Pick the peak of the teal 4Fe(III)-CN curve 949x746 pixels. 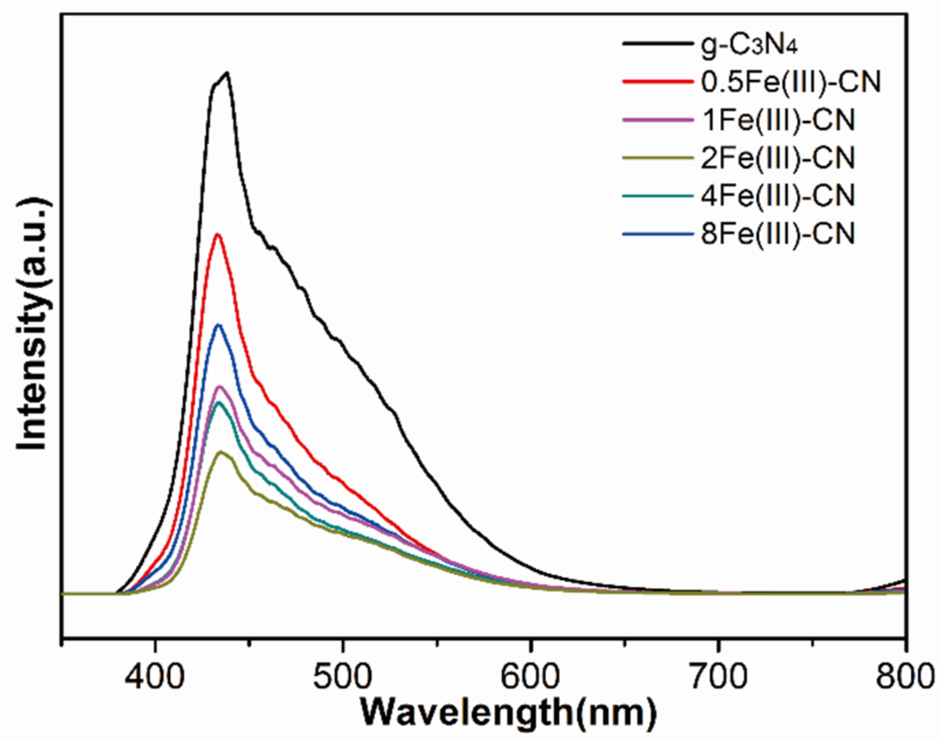[218, 402]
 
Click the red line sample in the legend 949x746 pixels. [657, 82]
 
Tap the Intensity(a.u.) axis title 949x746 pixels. [33, 324]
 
